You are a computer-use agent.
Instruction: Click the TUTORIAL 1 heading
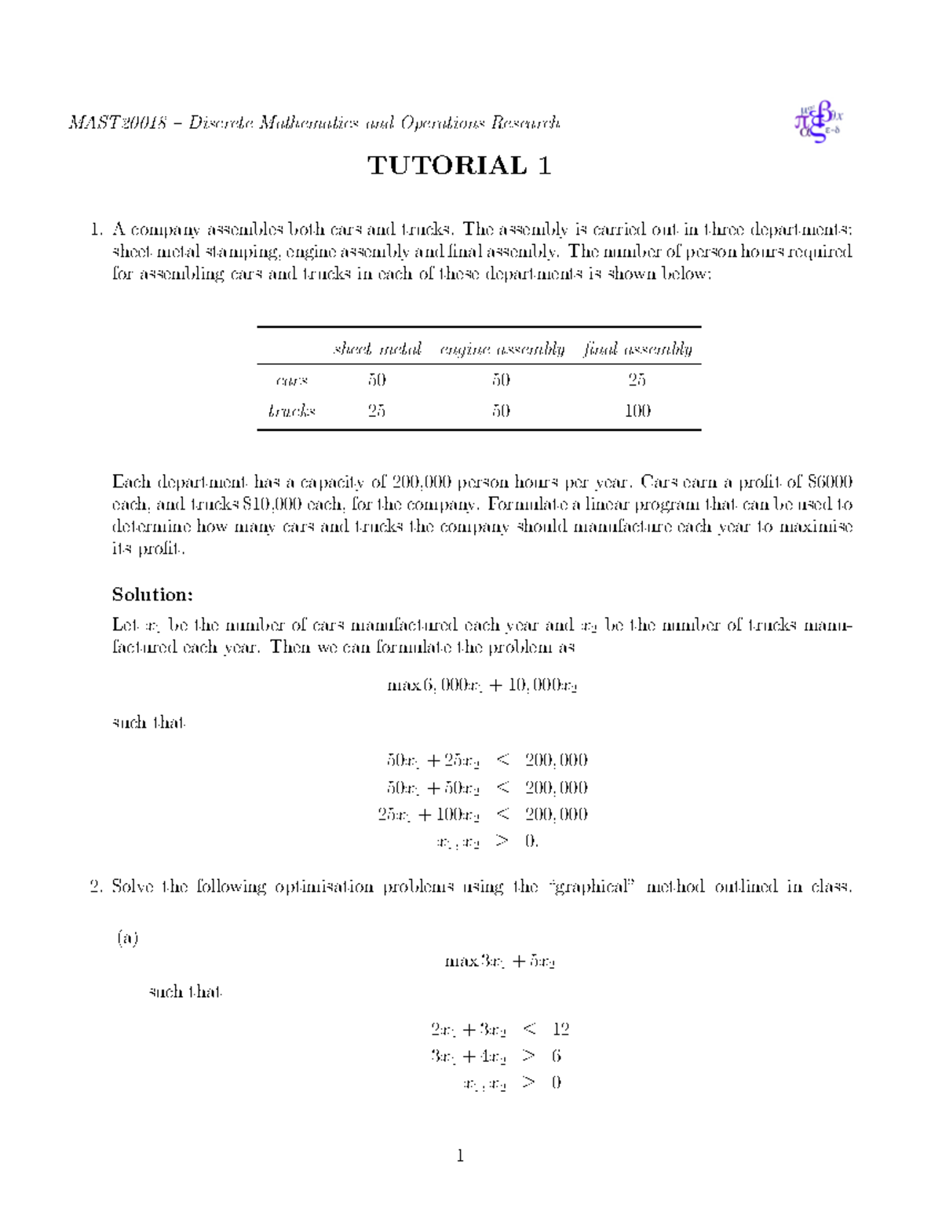click(x=459, y=166)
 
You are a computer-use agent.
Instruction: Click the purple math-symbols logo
click(x=819, y=122)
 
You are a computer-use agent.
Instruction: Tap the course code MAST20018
click(x=118, y=123)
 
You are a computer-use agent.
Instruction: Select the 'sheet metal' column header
click(x=377, y=349)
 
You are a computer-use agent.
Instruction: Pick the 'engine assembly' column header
click(x=502, y=349)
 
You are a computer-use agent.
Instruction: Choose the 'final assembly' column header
click(x=637, y=349)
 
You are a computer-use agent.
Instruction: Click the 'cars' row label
click(x=292, y=381)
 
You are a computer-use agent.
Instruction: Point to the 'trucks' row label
click(x=291, y=411)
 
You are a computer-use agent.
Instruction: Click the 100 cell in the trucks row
click(x=637, y=411)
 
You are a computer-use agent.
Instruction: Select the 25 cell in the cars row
click(x=637, y=381)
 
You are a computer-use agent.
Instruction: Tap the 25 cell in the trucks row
click(x=377, y=411)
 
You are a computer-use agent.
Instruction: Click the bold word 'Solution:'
click(x=152, y=594)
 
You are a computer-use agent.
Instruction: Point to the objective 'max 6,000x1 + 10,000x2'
click(x=482, y=685)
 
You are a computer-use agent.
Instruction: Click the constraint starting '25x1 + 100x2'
click(x=429, y=815)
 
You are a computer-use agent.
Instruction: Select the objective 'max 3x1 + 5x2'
click(x=500, y=962)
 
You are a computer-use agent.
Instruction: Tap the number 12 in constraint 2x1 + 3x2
click(x=560, y=1029)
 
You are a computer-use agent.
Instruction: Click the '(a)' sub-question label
click(x=128, y=938)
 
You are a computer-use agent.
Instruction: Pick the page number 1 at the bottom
click(x=460, y=1155)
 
